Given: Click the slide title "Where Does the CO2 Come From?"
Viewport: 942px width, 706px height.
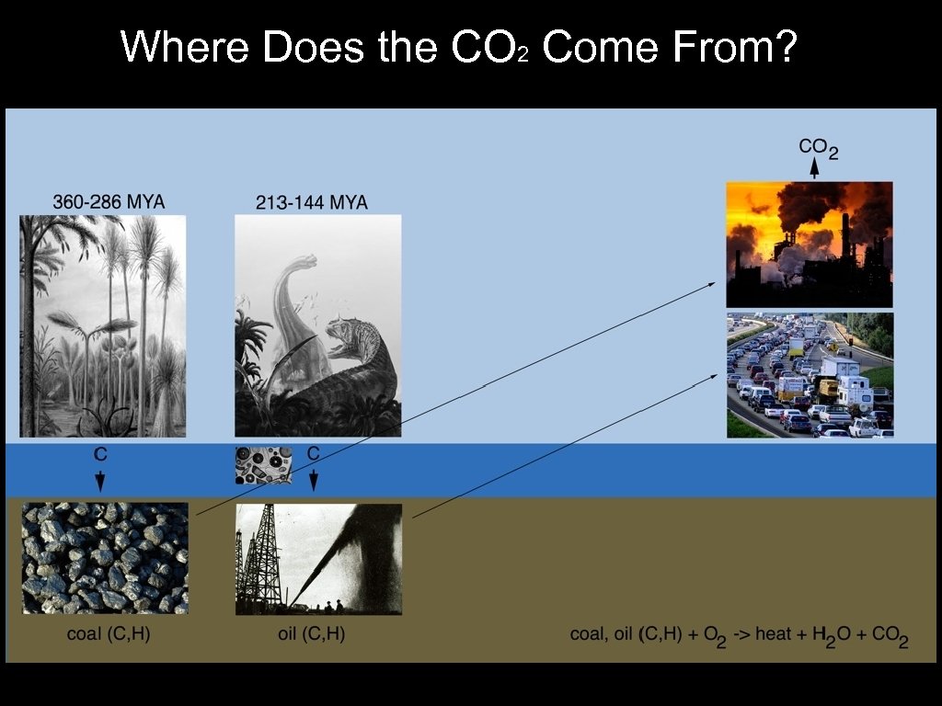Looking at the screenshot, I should pos(458,47).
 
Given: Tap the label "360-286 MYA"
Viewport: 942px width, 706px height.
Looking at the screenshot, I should pos(109,201).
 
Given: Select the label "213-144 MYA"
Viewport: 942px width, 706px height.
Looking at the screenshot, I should pos(311,202).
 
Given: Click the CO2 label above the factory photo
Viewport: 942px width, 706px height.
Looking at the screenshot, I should pos(817,147).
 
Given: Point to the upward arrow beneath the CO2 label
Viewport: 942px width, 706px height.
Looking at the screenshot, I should pos(814,167).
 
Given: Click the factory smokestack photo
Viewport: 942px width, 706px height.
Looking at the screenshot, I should pos(809,244).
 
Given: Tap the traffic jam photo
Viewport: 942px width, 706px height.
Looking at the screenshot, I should pos(809,375).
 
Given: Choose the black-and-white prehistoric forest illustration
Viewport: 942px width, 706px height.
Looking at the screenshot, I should pos(103,325).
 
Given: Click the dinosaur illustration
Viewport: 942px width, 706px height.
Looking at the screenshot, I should pos(317,325).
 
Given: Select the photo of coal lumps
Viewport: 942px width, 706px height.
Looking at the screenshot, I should pos(105,558).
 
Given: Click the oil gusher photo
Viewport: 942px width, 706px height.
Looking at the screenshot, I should pos(318,558).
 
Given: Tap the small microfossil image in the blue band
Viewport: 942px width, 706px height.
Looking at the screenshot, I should pos(263,465).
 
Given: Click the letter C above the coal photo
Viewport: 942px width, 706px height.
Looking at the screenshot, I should pos(100,453).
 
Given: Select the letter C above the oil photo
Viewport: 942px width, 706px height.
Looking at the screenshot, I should pos(313,453).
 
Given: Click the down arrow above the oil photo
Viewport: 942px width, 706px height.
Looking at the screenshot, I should pos(313,480).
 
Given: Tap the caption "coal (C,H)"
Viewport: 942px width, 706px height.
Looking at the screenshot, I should pos(108,634).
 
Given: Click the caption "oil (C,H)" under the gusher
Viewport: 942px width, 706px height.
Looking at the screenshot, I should pos(311,634).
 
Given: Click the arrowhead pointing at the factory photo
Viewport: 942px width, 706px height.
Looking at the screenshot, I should pos(710,284).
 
